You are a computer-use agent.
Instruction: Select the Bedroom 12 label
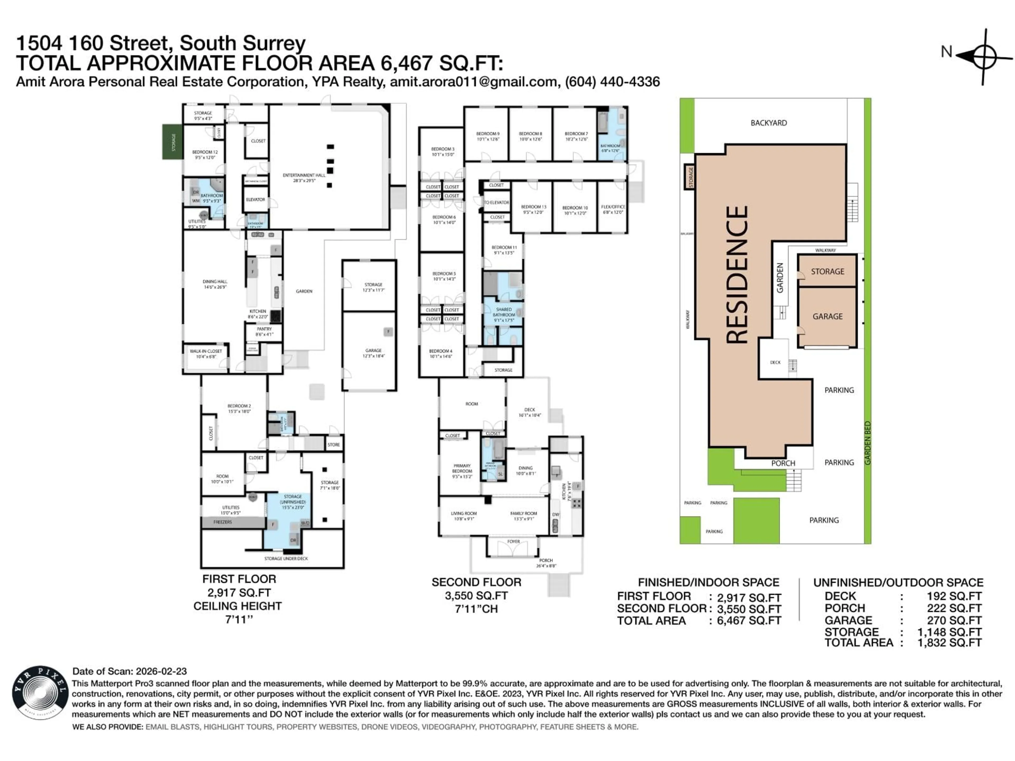[x=205, y=154]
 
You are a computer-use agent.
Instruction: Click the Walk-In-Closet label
[x=206, y=354]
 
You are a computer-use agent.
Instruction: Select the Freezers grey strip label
[x=223, y=522]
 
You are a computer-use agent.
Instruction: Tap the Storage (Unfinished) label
[x=293, y=502]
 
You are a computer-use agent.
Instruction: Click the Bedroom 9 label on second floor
[x=487, y=136]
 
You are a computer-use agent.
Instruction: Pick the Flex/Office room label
[x=613, y=209]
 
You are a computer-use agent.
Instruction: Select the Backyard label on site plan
[x=769, y=123]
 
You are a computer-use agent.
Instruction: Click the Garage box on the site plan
[x=827, y=317]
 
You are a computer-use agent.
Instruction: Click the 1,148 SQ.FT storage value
[x=949, y=632]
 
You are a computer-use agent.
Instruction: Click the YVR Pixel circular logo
[x=39, y=695]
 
